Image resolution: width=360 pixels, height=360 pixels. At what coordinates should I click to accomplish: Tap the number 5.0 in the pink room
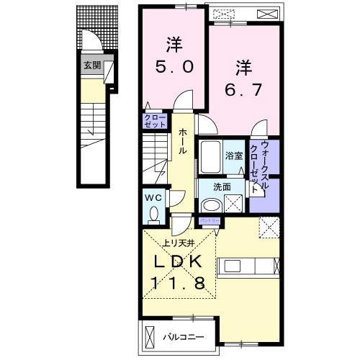pyautogui.click(x=172, y=67)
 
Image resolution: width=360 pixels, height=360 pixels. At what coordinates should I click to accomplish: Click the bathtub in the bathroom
pyautogui.click(x=211, y=156)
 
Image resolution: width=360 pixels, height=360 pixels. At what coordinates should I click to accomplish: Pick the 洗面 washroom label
pyautogui.click(x=222, y=187)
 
